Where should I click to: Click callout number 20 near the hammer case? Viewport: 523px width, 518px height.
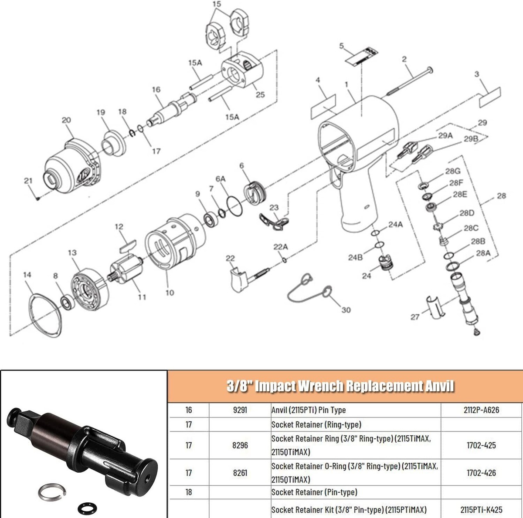(66, 121)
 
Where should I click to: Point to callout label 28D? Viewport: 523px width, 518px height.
(467, 213)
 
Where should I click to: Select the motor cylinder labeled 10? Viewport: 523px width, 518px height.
(174, 246)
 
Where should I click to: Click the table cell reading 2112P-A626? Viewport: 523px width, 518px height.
(481, 410)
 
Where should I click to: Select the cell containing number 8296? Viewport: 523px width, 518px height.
(240, 445)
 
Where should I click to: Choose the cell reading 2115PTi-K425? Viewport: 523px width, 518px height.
(481, 510)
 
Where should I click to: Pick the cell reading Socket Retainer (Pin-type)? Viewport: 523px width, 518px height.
(314, 492)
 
